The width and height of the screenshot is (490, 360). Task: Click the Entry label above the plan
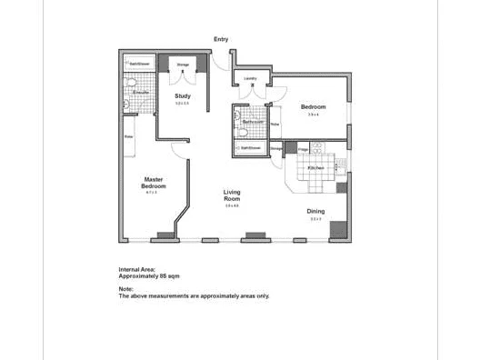(x=221, y=39)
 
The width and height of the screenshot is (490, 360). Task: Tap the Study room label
(x=182, y=95)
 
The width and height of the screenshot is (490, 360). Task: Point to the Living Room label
(x=232, y=195)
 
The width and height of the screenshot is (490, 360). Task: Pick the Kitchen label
(x=315, y=168)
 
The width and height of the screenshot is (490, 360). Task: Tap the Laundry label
(x=251, y=79)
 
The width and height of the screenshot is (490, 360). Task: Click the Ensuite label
(x=141, y=93)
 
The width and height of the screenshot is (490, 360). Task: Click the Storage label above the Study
(x=183, y=65)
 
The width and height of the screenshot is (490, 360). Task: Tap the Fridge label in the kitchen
(x=303, y=148)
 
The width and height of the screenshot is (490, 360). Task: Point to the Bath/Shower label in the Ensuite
(x=138, y=65)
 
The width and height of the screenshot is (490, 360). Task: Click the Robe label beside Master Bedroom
(x=128, y=136)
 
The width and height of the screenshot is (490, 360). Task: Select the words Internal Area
(x=137, y=270)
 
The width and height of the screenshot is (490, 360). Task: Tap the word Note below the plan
(x=126, y=289)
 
